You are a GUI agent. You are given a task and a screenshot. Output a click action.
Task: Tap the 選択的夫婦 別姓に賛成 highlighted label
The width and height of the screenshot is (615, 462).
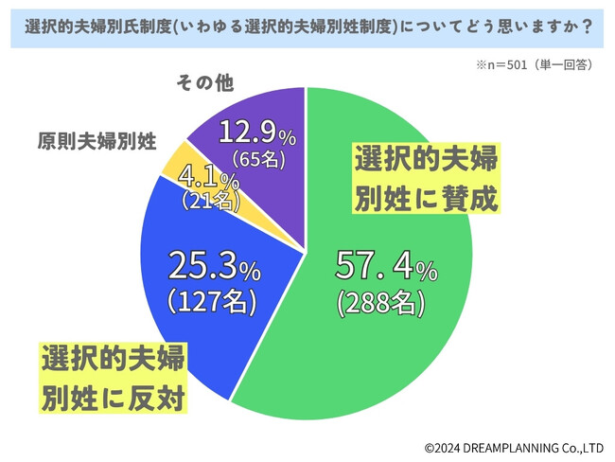(x=426, y=178)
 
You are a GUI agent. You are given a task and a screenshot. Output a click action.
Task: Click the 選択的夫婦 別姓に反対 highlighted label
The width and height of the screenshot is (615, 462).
(x=113, y=379)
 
